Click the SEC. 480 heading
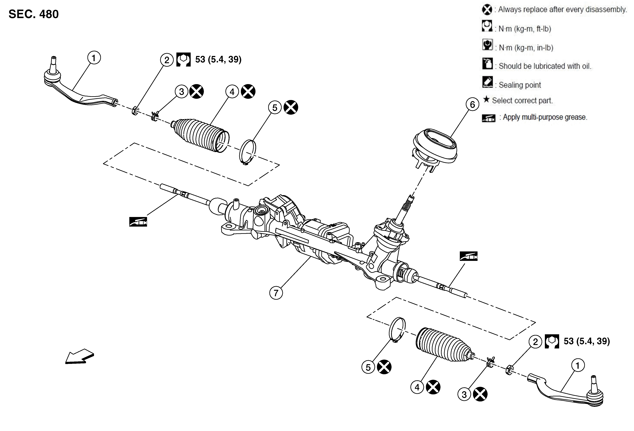click(34, 14)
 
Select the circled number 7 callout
click(276, 293)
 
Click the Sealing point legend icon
click(487, 82)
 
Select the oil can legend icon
click(487, 64)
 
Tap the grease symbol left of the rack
click(138, 222)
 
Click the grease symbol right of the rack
click(468, 256)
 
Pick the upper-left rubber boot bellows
click(201, 134)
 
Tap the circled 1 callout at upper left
click(94, 58)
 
